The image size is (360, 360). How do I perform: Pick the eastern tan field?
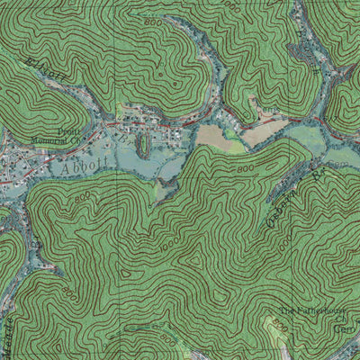263,132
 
